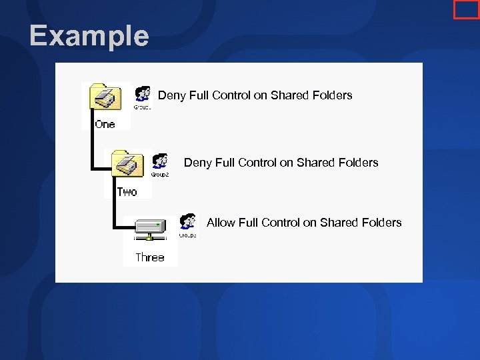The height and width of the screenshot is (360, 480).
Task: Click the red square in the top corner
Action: click(465, 9)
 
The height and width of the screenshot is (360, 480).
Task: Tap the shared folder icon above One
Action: click(105, 97)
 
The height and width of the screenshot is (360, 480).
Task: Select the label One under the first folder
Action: click(105, 124)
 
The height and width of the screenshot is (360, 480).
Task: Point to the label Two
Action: click(127, 192)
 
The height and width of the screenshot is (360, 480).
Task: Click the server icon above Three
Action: click(150, 229)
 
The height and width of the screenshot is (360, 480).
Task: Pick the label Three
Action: click(149, 257)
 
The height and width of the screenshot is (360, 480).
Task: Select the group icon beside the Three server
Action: click(188, 223)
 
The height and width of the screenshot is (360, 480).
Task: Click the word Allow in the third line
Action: click(221, 223)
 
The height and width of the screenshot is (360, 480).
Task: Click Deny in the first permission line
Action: click(172, 95)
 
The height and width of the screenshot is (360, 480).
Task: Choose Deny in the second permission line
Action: click(198, 163)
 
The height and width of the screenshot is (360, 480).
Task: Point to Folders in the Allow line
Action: click(381, 223)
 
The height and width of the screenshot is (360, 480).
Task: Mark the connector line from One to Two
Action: click(90, 150)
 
